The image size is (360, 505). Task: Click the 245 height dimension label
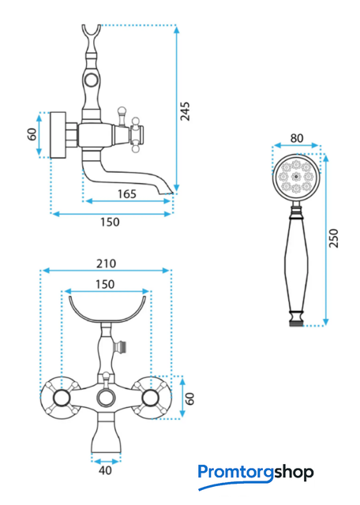coord(185,111)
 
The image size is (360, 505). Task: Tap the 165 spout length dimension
coord(127,194)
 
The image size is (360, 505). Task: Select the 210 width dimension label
coord(106,264)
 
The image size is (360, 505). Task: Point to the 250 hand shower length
coord(334,238)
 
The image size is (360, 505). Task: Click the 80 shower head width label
coord(297,138)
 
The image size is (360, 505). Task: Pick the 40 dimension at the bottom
coord(105,470)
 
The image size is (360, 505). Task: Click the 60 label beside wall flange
coord(32,134)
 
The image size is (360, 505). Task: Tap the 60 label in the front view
coord(190,398)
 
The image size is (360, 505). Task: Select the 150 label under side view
coord(110,223)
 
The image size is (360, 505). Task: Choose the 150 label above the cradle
coord(105,284)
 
